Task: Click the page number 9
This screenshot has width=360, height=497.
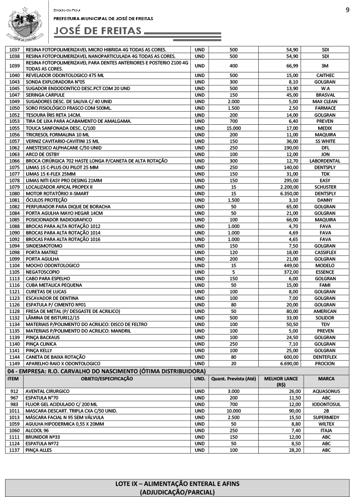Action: pyautogui.click(x=347, y=10)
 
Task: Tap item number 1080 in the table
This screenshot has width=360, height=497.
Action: pyautogui.click(x=14, y=193)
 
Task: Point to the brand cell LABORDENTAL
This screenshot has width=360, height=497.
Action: pyautogui.click(x=325, y=160)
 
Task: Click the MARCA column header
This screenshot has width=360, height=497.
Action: pyautogui.click(x=325, y=378)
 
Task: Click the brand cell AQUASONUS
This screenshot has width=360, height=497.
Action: pyautogui.click(x=325, y=391)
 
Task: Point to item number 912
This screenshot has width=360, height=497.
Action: pyautogui.click(x=14, y=391)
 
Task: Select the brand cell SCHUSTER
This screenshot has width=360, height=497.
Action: pyautogui.click(x=325, y=187)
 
